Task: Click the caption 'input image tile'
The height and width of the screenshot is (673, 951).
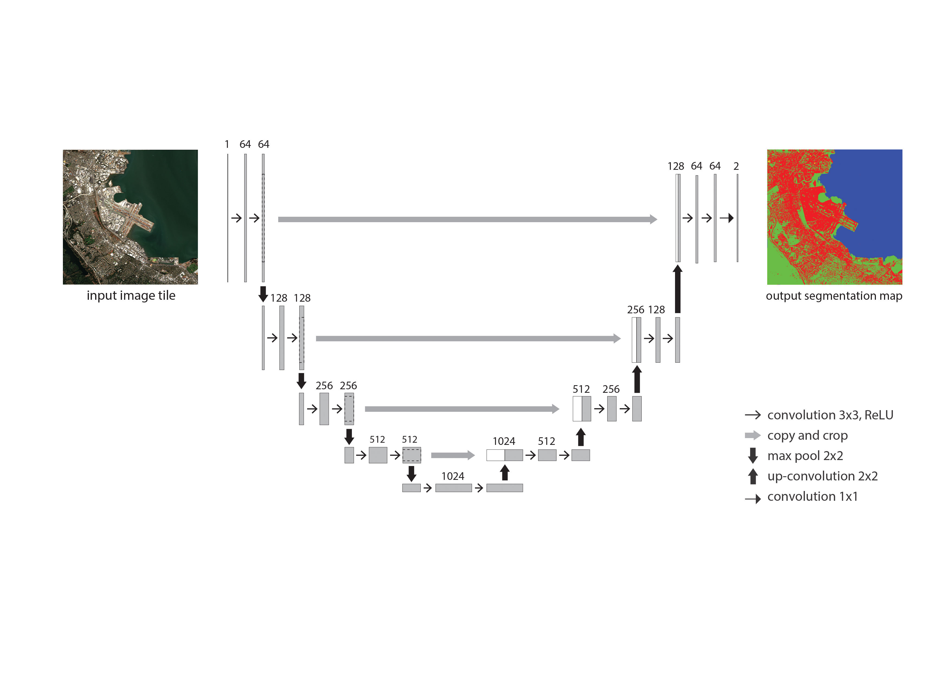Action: pyautogui.click(x=131, y=295)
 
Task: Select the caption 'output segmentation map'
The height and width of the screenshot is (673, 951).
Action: pyautogui.click(x=834, y=296)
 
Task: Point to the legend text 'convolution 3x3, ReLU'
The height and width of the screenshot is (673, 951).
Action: pyautogui.click(x=830, y=415)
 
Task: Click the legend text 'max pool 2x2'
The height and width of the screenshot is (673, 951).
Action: pyautogui.click(x=805, y=456)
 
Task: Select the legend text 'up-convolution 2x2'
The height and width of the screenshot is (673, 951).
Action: pyautogui.click(x=822, y=476)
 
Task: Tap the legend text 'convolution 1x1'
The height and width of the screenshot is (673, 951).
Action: pyautogui.click(x=812, y=496)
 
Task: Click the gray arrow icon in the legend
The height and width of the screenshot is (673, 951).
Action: pyautogui.click(x=753, y=435)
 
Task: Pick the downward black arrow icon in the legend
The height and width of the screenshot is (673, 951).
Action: pyautogui.click(x=753, y=455)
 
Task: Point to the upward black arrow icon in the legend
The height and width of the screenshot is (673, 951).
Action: pyautogui.click(x=753, y=476)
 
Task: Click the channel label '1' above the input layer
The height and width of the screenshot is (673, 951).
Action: pyautogui.click(x=227, y=144)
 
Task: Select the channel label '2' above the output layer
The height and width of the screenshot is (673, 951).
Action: pyautogui.click(x=736, y=166)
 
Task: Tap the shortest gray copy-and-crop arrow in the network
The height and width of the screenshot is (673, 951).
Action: pyautogui.click(x=453, y=455)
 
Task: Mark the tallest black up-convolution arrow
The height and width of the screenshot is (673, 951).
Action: pyautogui.click(x=678, y=289)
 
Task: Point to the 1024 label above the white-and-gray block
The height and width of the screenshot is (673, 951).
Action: pyautogui.click(x=504, y=441)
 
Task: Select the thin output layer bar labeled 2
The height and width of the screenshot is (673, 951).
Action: pyautogui.click(x=737, y=218)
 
